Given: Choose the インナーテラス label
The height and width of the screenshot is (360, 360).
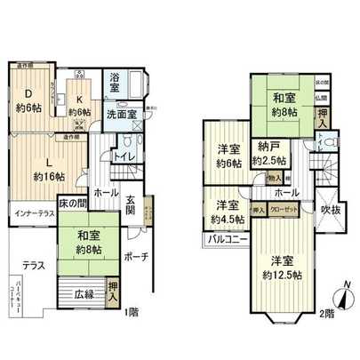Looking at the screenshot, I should tap(36, 214).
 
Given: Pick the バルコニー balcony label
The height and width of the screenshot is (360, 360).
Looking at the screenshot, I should tap(227, 238).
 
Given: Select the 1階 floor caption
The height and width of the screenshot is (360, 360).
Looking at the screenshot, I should tap(132, 312).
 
